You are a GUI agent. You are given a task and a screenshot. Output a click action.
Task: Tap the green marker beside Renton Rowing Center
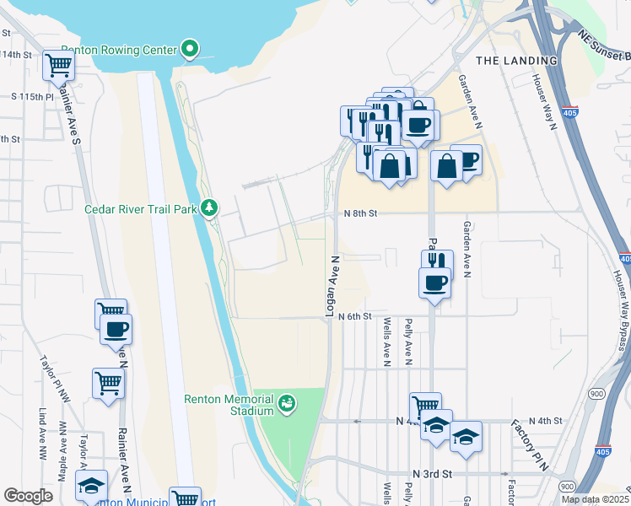pyautogui.click(x=191, y=50)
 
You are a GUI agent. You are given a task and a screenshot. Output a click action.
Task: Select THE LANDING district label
pyautogui.click(x=516, y=61)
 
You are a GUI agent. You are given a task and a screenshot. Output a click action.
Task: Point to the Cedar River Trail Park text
pyautogui.click(x=140, y=208)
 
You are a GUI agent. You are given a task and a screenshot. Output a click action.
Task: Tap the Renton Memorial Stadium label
pyautogui.click(x=229, y=405)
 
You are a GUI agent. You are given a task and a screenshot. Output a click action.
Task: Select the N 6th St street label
pyautogui.click(x=355, y=316)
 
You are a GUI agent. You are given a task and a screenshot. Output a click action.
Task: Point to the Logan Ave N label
pyautogui.click(x=332, y=287)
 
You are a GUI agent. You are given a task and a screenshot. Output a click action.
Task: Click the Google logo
pyautogui.click(x=28, y=496)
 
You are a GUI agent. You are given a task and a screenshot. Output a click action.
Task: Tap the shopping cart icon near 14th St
pyautogui.click(x=57, y=64)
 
